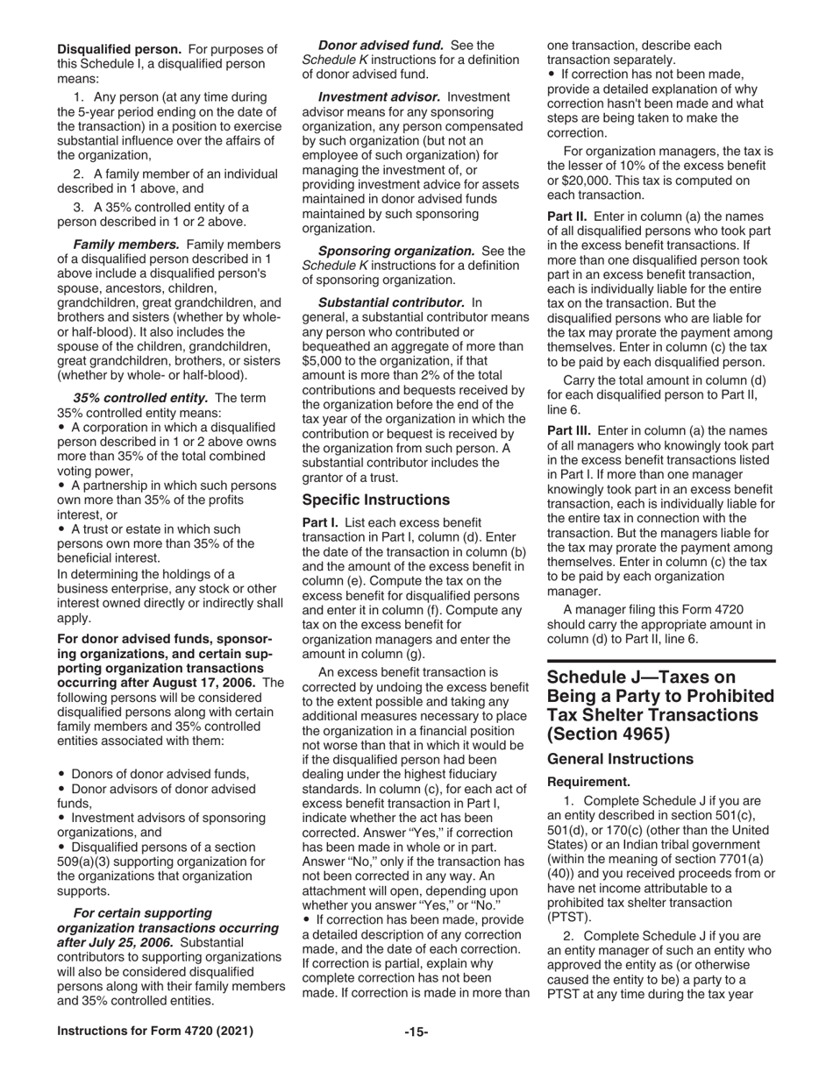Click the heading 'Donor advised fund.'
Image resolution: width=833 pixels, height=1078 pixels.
click(381, 45)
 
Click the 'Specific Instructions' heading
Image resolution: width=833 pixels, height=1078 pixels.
click(376, 500)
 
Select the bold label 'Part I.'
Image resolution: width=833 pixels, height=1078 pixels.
click(320, 522)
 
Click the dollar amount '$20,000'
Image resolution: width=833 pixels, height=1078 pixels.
click(572, 181)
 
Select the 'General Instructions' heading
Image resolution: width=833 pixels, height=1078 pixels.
click(620, 759)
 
